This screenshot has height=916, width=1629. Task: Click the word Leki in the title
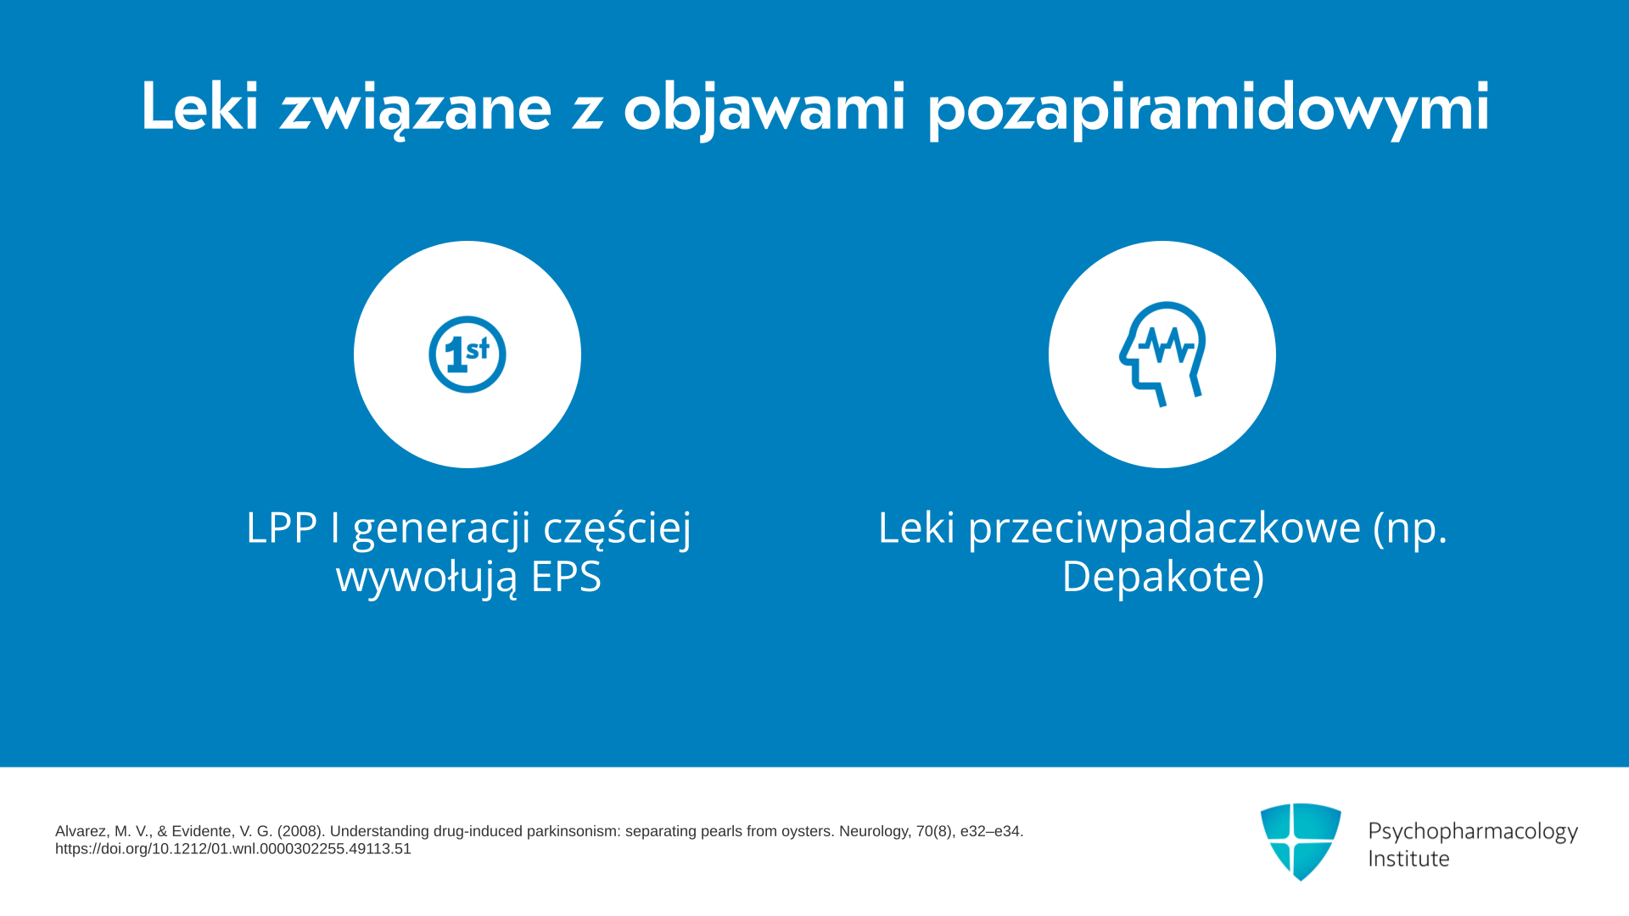(x=199, y=106)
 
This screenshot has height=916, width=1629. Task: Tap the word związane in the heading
(x=416, y=110)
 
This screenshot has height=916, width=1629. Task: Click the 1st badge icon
(x=467, y=355)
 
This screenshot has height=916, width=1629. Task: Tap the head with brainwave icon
(x=1162, y=354)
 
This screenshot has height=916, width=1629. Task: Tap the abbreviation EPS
(x=566, y=577)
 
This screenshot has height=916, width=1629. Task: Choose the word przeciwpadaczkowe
(x=1165, y=529)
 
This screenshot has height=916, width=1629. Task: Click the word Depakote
(x=1157, y=577)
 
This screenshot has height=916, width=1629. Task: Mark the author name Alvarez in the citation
(x=81, y=831)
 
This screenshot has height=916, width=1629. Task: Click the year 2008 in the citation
(x=300, y=831)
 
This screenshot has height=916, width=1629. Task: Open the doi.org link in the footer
(x=233, y=849)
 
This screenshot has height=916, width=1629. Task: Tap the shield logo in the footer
(x=1301, y=841)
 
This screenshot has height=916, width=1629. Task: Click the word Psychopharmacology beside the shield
(x=1473, y=831)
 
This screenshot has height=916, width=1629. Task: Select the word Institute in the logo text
(x=1409, y=858)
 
